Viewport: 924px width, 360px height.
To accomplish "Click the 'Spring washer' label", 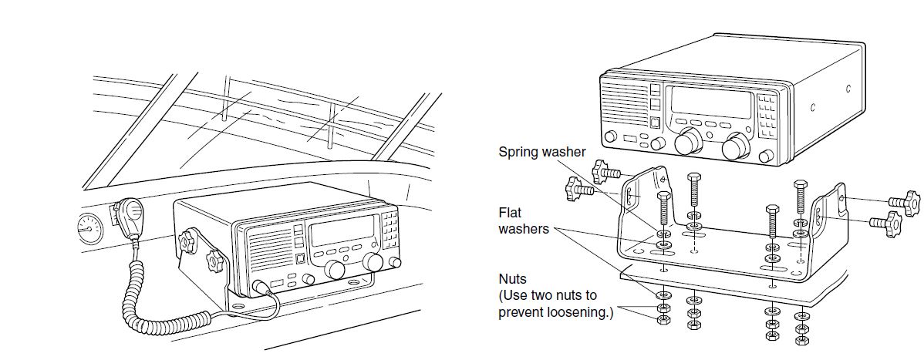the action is [542, 152].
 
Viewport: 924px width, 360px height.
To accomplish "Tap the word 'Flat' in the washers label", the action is [511, 212].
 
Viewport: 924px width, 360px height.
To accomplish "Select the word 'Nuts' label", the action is [513, 278].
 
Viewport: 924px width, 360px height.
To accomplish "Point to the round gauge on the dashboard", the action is [90, 229].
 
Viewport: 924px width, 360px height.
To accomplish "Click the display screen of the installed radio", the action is [342, 231].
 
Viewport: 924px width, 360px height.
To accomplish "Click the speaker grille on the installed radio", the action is [270, 250].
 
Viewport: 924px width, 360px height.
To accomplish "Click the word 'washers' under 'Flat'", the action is [523, 229].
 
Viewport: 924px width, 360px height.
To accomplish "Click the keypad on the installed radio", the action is [389, 228].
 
